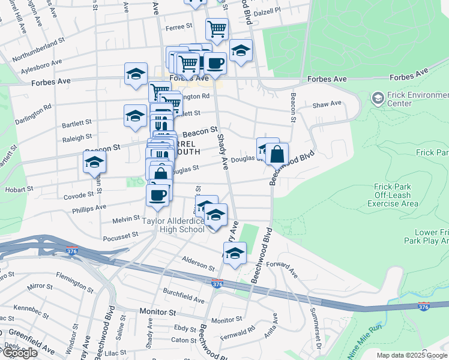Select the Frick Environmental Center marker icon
378,97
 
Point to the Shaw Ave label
327,104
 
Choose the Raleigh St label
77,137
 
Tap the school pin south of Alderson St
235,254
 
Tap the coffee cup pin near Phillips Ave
158,195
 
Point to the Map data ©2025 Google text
412,355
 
